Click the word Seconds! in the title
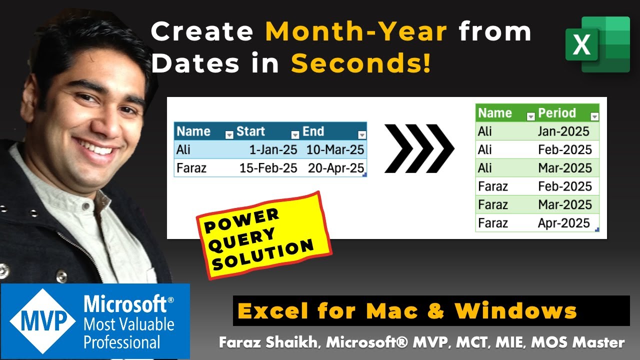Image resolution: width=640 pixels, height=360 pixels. (360, 64)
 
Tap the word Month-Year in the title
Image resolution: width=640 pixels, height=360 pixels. (356, 32)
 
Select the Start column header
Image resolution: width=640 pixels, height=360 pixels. (251, 131)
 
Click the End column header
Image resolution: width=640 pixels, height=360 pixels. (313, 131)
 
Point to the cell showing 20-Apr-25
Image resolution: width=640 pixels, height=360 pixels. (335, 168)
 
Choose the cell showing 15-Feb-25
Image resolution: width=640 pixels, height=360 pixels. (268, 168)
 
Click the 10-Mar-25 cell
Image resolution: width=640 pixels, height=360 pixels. (335, 149)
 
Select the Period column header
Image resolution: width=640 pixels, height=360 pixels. (557, 113)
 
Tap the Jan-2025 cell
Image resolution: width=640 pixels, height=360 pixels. (563, 131)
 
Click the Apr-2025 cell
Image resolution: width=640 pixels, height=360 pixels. (563, 223)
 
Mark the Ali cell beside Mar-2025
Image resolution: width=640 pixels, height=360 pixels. (485, 168)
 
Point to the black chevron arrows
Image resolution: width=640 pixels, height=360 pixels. (419, 148)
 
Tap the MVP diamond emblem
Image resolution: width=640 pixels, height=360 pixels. (42, 320)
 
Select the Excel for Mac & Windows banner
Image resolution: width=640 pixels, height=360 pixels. (430, 310)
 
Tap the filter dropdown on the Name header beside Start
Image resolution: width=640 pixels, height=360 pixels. (229, 134)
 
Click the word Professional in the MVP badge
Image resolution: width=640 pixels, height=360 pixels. (122, 342)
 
